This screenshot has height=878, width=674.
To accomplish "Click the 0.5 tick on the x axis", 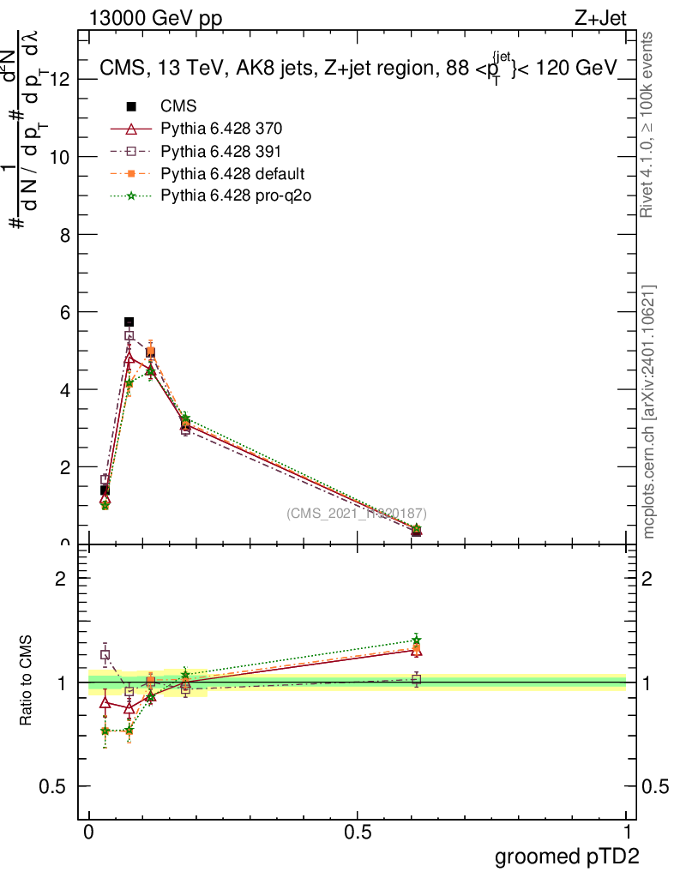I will pyautogui.click(x=358, y=833).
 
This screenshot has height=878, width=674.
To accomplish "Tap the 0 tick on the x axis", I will pyautogui.click(x=89, y=833).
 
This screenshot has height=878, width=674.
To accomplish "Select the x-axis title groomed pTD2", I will pyautogui.click(x=567, y=857).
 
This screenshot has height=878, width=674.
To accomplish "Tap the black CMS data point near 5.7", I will pyautogui.click(x=129, y=322).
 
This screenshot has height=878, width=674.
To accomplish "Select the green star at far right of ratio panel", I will pyautogui.click(x=416, y=639).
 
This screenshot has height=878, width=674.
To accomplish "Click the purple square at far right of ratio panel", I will pyautogui.click(x=416, y=679).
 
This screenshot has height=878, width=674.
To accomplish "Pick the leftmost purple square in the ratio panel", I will pyautogui.click(x=105, y=654).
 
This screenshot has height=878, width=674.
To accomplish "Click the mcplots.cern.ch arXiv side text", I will pyautogui.click(x=649, y=412).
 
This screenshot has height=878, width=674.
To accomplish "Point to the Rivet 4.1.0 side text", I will pyautogui.click(x=649, y=123).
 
